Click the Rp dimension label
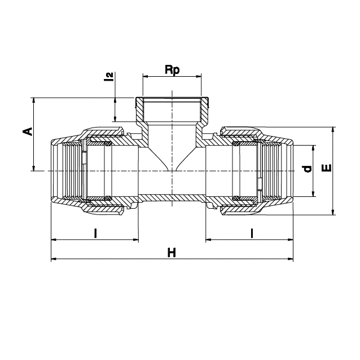click(172, 70)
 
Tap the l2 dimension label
click(110, 76)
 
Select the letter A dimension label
click(28, 131)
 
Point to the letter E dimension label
click(327, 168)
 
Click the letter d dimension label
click(307, 169)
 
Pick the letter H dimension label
click(172, 253)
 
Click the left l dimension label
click(95, 233)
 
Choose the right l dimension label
click(252, 233)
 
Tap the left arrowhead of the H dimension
click(54, 259)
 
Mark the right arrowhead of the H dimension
click(291, 259)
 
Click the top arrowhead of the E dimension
click(333, 130)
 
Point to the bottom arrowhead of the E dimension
click(333, 212)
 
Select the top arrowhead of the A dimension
click(34, 100)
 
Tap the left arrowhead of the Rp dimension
click(146, 76)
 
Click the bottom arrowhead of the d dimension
click(313, 194)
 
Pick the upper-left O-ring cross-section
click(108, 144)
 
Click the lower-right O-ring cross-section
click(236, 197)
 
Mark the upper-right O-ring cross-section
click(236, 144)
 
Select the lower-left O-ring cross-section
click(108, 197)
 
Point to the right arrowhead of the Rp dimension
click(199, 76)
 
